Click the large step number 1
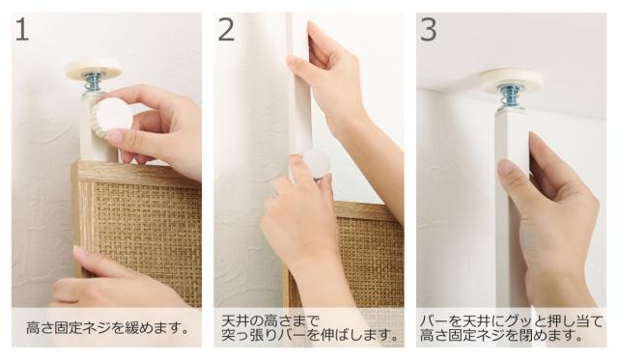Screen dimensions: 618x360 pos(22,29)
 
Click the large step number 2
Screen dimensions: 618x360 pos(226,29)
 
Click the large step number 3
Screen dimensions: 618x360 pos(429,29)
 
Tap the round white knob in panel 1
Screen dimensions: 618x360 pos(114,115)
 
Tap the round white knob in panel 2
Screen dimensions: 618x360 pos(317,164)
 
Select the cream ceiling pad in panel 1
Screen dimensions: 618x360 pos(94,68)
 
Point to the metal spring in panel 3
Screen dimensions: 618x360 pos(511,99)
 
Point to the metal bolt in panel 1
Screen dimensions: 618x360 pos(92,83)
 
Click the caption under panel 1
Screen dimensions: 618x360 pos(107,328)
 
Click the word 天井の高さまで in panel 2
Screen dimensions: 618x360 pos(269,319)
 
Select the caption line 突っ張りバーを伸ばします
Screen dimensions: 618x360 pos(309,335)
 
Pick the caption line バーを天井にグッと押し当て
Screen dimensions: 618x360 pos(511,321)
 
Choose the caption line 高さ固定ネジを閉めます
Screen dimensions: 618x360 pos(501,336)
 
